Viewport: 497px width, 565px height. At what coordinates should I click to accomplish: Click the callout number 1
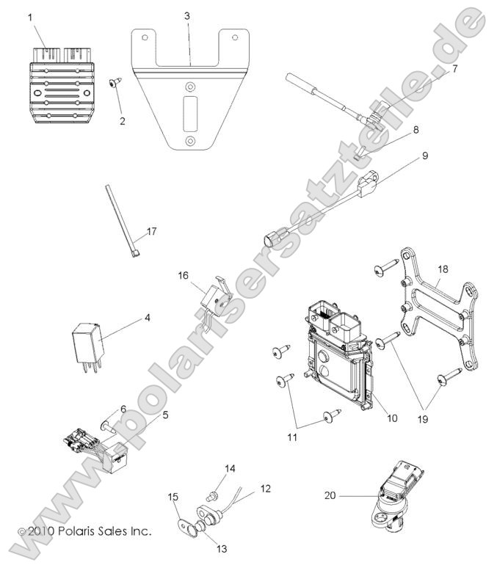[30, 16]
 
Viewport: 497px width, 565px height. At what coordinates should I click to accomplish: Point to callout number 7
[454, 69]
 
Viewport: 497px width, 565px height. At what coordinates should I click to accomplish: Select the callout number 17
[152, 232]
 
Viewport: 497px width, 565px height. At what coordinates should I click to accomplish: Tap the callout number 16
[183, 275]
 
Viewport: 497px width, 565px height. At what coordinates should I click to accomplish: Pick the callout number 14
[230, 468]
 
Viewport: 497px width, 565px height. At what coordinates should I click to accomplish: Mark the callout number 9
[444, 156]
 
